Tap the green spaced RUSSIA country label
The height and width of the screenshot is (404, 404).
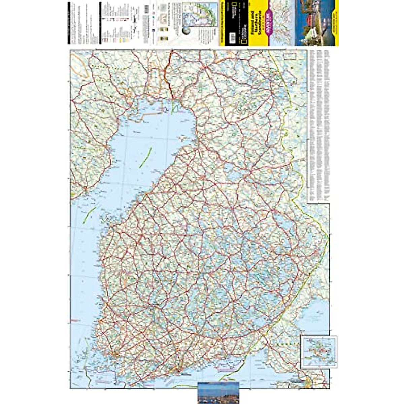[x=286, y=344]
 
